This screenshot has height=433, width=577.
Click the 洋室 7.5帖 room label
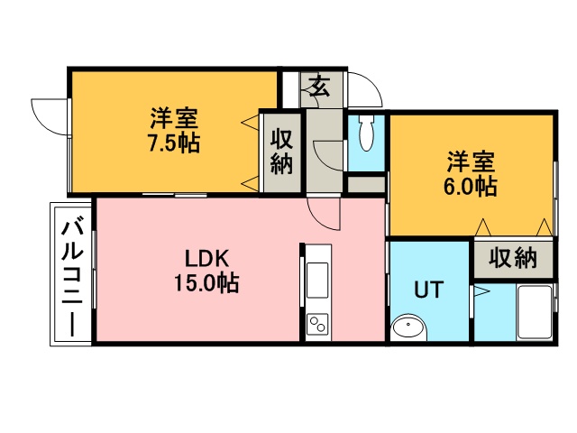coord(174,130)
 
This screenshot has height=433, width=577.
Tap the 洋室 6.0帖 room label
coord(471,173)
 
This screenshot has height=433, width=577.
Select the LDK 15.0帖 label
coord(206,271)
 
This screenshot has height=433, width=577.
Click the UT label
coord(429,290)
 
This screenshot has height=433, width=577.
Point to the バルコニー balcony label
coord(72,279)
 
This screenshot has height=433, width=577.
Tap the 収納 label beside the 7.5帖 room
coord(282,151)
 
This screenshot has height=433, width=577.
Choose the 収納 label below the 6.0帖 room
coord(513,258)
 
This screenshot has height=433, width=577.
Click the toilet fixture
coord(366,134)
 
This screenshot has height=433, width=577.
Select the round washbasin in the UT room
coord(408,327)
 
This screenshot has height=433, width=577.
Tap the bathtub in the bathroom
coord(535,312)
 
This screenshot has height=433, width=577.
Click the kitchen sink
coord(317,280)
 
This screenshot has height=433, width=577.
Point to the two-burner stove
coord(317,324)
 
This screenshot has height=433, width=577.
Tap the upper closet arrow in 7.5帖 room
coord(250,123)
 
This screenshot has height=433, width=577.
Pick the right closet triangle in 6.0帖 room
coord(545,227)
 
